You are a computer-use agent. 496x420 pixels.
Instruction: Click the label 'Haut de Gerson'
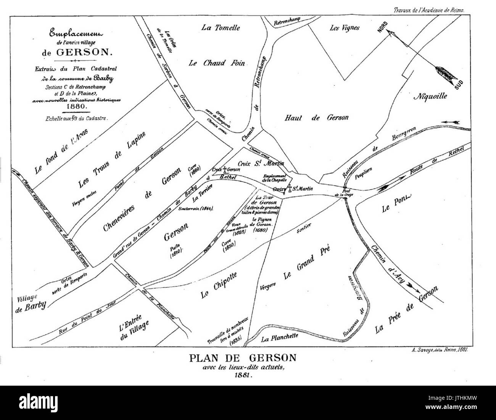tap(316, 118)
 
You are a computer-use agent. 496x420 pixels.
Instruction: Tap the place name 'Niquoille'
tap(430, 96)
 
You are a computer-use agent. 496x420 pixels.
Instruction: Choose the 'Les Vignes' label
tap(345, 28)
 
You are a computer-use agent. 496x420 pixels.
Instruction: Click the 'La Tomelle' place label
tap(221, 27)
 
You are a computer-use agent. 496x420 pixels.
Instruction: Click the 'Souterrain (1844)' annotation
tap(196, 209)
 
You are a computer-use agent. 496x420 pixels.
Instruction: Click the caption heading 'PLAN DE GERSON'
tap(243, 358)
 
